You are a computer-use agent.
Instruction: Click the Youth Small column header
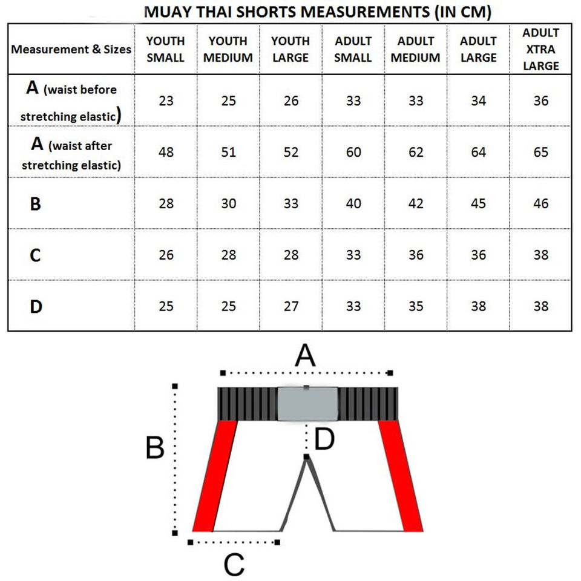click(166, 49)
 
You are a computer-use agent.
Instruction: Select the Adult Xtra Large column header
click(540, 49)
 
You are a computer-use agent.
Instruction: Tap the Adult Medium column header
click(416, 49)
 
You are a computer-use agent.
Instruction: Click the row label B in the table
click(36, 204)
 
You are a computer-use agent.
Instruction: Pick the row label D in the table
click(36, 307)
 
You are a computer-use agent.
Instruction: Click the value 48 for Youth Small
click(166, 152)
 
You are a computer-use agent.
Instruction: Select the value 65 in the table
click(540, 152)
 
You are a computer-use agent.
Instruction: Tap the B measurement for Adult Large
click(478, 204)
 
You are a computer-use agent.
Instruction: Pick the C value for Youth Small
click(166, 255)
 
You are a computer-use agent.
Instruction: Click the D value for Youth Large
click(291, 307)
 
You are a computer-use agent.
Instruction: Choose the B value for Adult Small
click(353, 204)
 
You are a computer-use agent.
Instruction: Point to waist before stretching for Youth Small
click(166, 100)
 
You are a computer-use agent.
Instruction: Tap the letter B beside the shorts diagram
click(154, 448)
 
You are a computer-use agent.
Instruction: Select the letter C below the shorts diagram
click(234, 565)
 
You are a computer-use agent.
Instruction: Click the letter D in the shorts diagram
click(325, 440)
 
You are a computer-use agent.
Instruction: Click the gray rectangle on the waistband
click(307, 404)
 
